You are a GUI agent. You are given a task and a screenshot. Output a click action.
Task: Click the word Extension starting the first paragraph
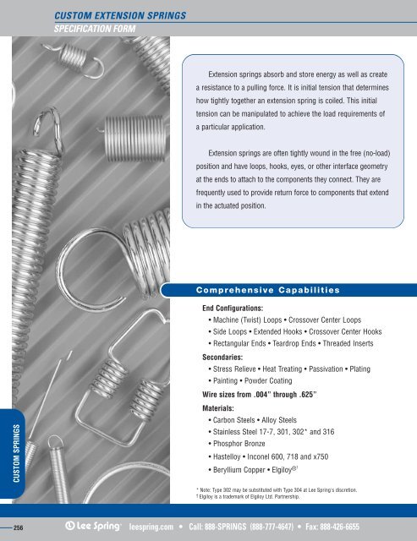pos(225,74)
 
